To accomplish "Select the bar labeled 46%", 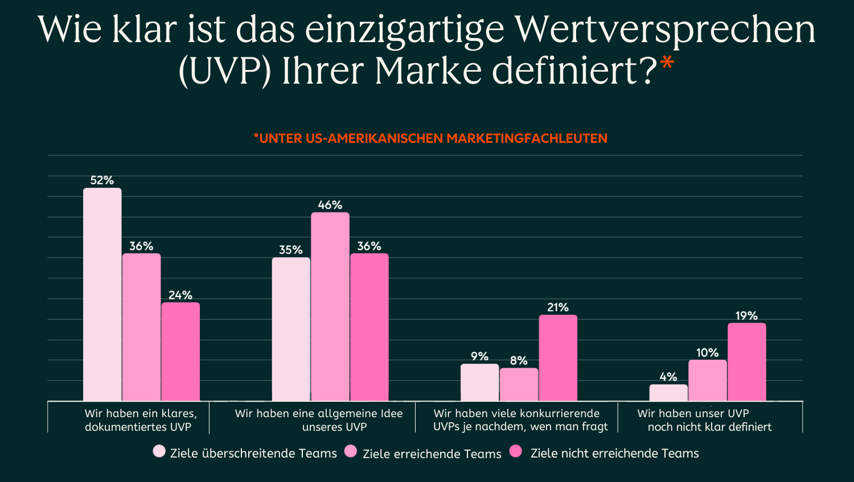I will coord(330,307).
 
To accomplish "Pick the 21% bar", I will coord(558,358).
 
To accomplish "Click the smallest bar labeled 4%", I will coord(668,393).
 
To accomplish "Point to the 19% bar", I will coord(746,362).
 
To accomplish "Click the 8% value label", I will coord(519,361).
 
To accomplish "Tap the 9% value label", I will coord(479,356).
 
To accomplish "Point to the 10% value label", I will coord(707,353).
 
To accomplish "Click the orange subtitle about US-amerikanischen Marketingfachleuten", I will coord(430,138).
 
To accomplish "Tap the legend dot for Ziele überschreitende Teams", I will coord(159,452).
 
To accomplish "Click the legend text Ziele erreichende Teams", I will coord(432,454).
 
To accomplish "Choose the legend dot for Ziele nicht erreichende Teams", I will coord(516,452).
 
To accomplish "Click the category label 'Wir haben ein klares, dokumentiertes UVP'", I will coord(140,420).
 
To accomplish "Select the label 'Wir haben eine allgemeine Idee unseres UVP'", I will coord(318,420).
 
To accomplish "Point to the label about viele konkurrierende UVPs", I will coord(520,420).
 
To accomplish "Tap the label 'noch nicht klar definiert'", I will coord(709,427).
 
